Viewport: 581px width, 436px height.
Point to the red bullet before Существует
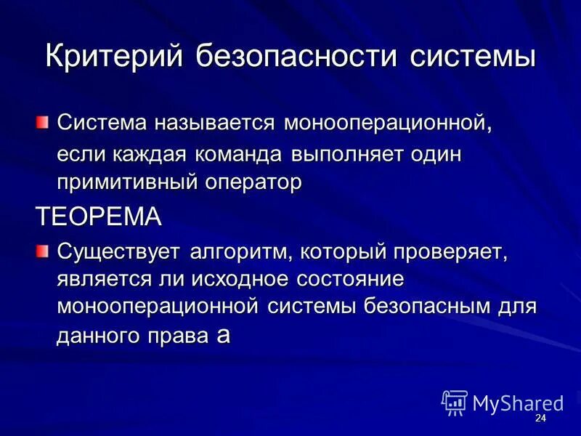pyautogui.click(x=44, y=251)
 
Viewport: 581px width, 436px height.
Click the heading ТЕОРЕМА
pyautogui.click(x=98, y=216)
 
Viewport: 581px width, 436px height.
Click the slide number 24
pyautogui.click(x=540, y=419)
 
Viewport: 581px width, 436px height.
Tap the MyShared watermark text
pyautogui.click(x=518, y=403)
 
